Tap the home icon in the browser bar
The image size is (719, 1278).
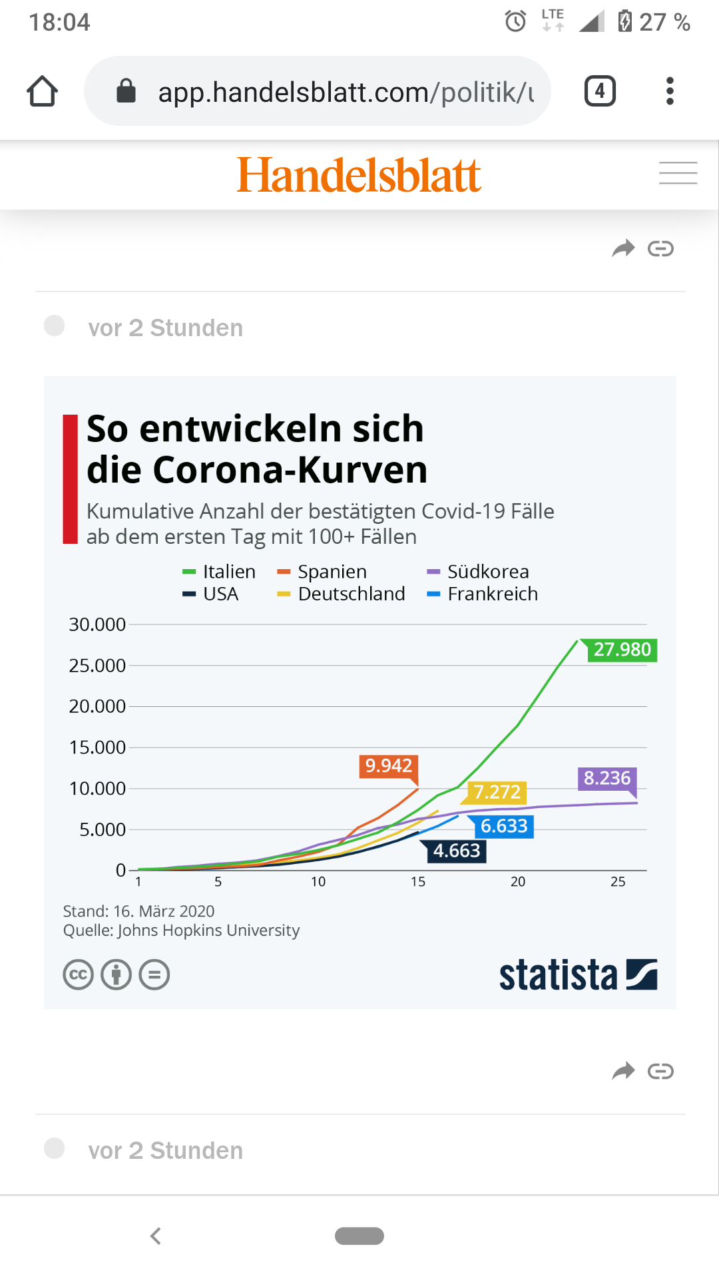click(x=42, y=91)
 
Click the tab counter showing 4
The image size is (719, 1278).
click(x=599, y=91)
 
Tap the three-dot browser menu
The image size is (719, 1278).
click(x=670, y=91)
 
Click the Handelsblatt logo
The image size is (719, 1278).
click(x=359, y=176)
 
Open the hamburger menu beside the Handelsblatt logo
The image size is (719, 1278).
click(x=678, y=173)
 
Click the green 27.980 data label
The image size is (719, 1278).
click(x=622, y=650)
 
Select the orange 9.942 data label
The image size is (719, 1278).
click(x=389, y=766)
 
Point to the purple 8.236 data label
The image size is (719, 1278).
click(x=606, y=778)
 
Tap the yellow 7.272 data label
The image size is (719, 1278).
click(x=497, y=792)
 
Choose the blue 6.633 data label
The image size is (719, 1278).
click(x=504, y=827)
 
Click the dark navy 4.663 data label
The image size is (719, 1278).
click(x=456, y=851)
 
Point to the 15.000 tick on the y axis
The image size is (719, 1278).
click(x=97, y=747)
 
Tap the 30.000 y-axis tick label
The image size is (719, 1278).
click(x=97, y=624)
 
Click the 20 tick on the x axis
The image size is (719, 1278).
click(x=518, y=882)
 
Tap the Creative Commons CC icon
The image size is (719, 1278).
click(x=78, y=975)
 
